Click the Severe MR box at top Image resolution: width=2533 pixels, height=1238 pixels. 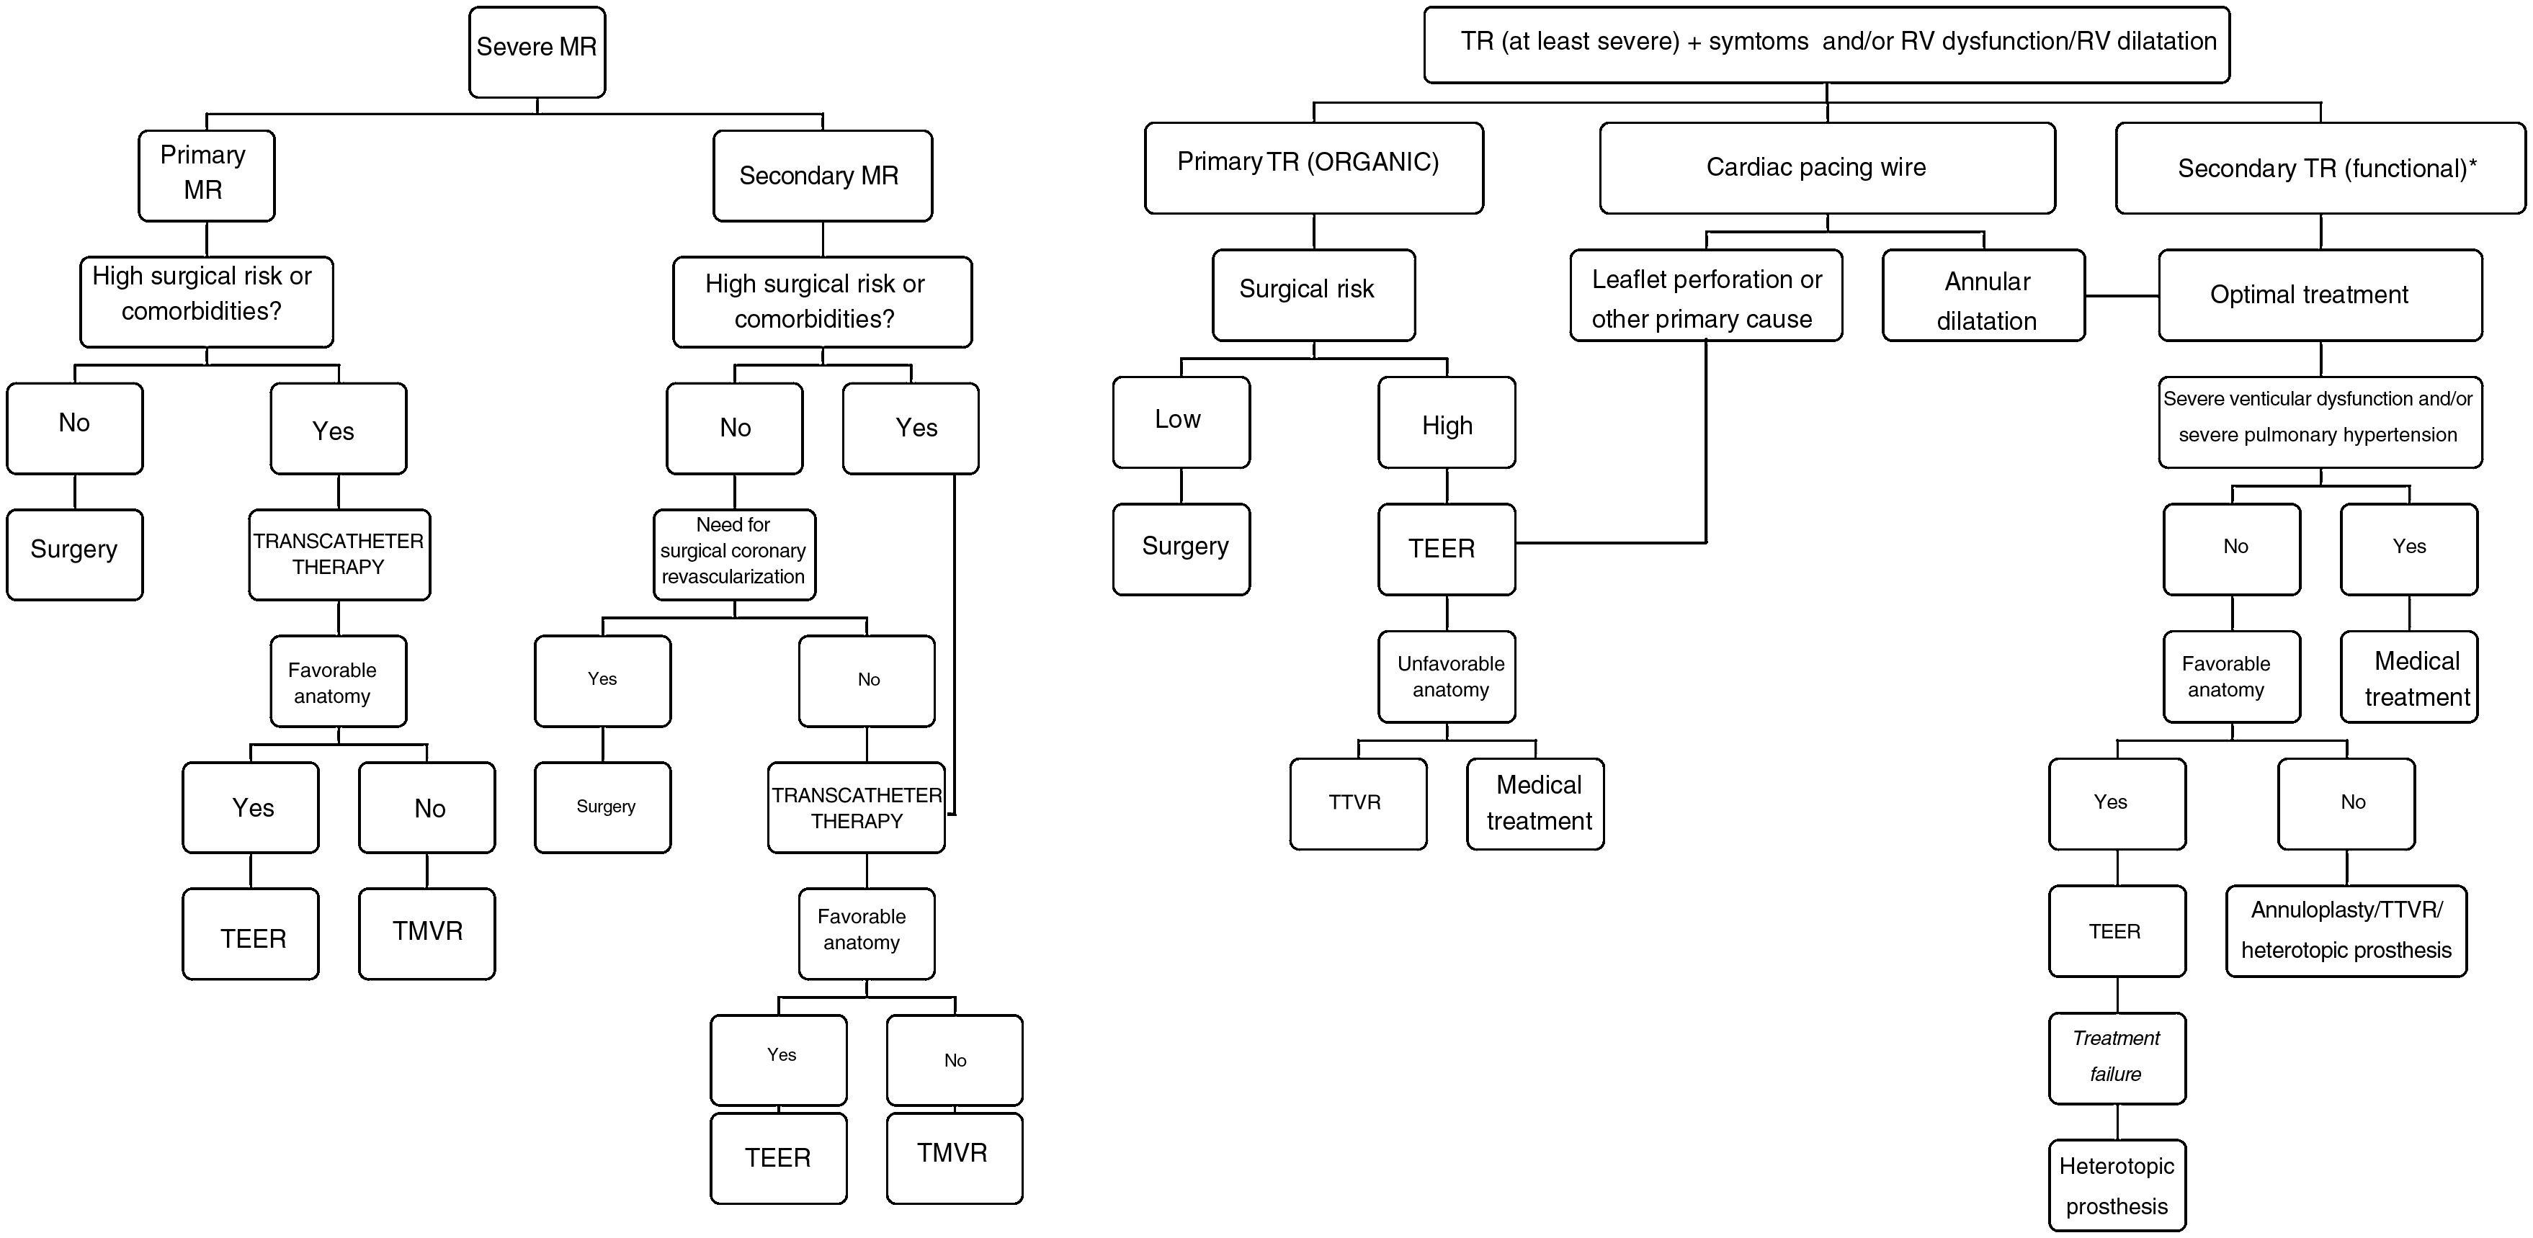(537, 51)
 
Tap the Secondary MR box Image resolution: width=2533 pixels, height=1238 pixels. (822, 175)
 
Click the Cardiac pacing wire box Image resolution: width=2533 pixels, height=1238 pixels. (1826, 167)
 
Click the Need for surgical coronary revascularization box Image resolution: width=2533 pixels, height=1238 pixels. (733, 554)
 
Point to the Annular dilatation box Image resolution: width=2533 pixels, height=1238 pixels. (1983, 295)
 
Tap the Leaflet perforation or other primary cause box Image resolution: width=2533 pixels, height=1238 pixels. (1705, 295)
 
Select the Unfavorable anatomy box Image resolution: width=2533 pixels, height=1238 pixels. (1447, 676)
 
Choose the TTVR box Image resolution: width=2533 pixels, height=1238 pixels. (1357, 802)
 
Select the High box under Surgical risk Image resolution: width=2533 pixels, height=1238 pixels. (1447, 423)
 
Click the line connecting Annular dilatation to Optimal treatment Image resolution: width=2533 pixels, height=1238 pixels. (2121, 295)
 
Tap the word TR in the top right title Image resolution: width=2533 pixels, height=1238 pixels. (1477, 41)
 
